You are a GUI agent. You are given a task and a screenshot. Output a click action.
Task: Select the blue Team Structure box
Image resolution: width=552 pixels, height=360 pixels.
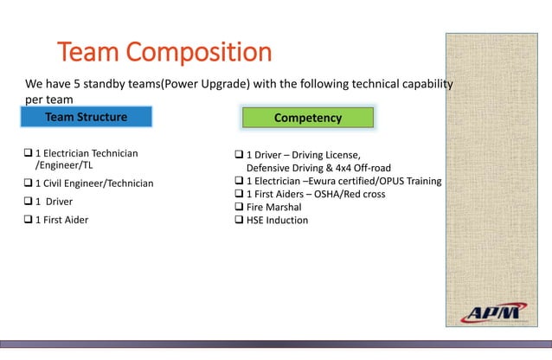coord(87,117)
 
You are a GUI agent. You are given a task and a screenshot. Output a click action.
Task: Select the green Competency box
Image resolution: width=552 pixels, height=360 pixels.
coord(308,117)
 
